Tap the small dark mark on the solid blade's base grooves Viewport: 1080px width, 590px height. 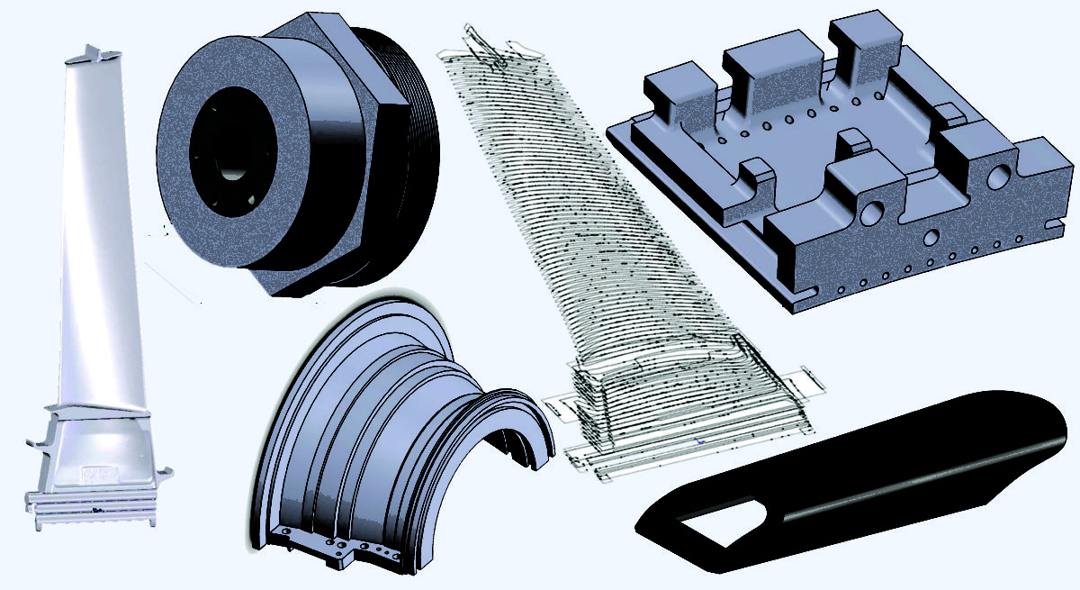(98, 510)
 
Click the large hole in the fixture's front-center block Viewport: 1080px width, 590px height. (872, 213)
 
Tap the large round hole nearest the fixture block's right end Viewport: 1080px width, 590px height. (998, 177)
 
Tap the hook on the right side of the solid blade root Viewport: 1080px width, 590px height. (165, 472)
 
